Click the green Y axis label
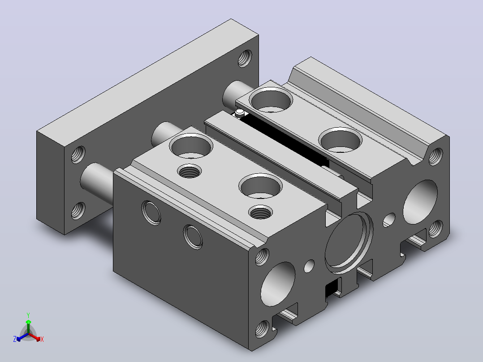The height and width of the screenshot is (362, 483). tap(28, 315)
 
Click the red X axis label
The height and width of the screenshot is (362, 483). tap(42, 339)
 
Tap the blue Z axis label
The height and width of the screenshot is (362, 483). tap(14, 339)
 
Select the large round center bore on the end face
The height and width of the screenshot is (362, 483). tap(349, 243)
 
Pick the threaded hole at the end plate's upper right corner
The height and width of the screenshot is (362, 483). tap(245, 58)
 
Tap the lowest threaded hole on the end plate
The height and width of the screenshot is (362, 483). tap(78, 211)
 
